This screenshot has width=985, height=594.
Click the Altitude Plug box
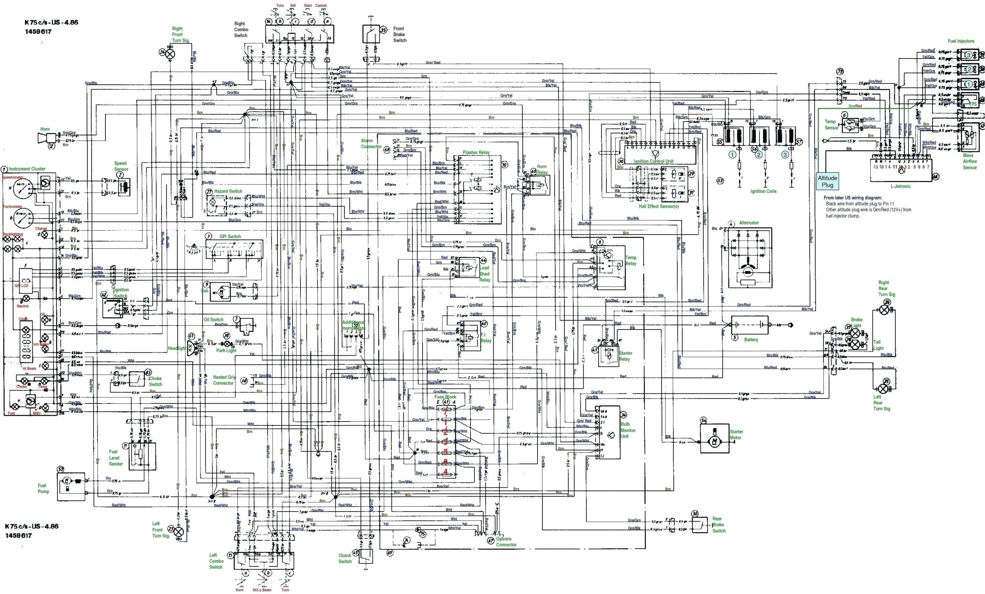pos(827,182)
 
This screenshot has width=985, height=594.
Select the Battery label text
pos(751,340)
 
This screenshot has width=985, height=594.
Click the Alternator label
pos(749,223)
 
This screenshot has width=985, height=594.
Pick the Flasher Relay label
pos(476,152)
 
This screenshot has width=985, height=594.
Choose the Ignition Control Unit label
pos(653,161)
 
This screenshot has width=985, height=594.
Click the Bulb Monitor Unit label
pos(628,430)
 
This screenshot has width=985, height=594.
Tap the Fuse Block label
pos(445,397)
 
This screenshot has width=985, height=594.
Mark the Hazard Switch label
pos(228,191)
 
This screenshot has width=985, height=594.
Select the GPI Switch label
pos(230,236)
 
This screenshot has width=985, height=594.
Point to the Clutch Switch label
pos(345,559)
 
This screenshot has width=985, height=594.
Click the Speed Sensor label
pos(120,166)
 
